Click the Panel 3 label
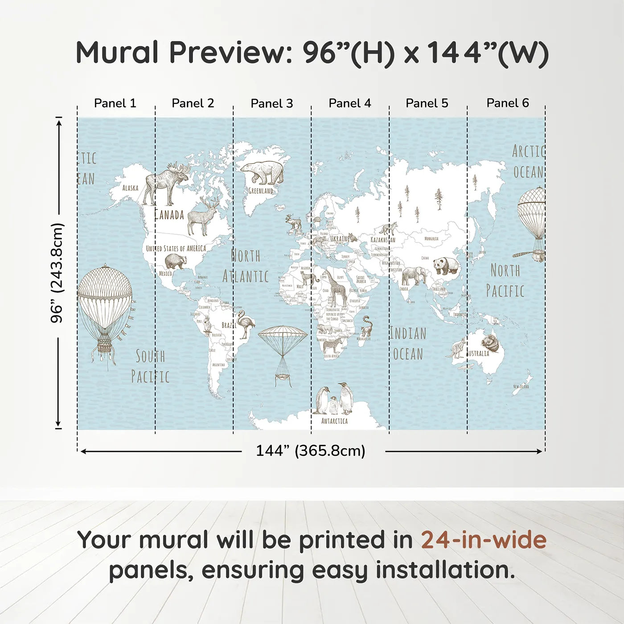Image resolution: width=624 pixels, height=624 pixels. pos(272,103)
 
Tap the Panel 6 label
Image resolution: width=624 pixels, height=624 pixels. pos(507,103)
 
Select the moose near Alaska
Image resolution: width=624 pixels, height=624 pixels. pos(166,183)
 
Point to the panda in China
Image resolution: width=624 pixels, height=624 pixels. pos(446,266)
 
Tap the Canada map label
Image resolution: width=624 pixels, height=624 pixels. pos(169,215)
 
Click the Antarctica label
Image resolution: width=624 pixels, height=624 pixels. pos(334,421)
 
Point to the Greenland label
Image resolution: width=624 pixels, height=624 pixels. pos(261,191)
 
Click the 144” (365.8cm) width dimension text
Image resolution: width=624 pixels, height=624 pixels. pos(310,451)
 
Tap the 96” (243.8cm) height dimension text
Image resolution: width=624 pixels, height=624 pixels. pos(57,273)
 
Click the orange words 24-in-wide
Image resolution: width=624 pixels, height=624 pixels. pos(484,540)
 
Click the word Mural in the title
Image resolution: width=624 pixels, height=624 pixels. pos(117,53)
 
